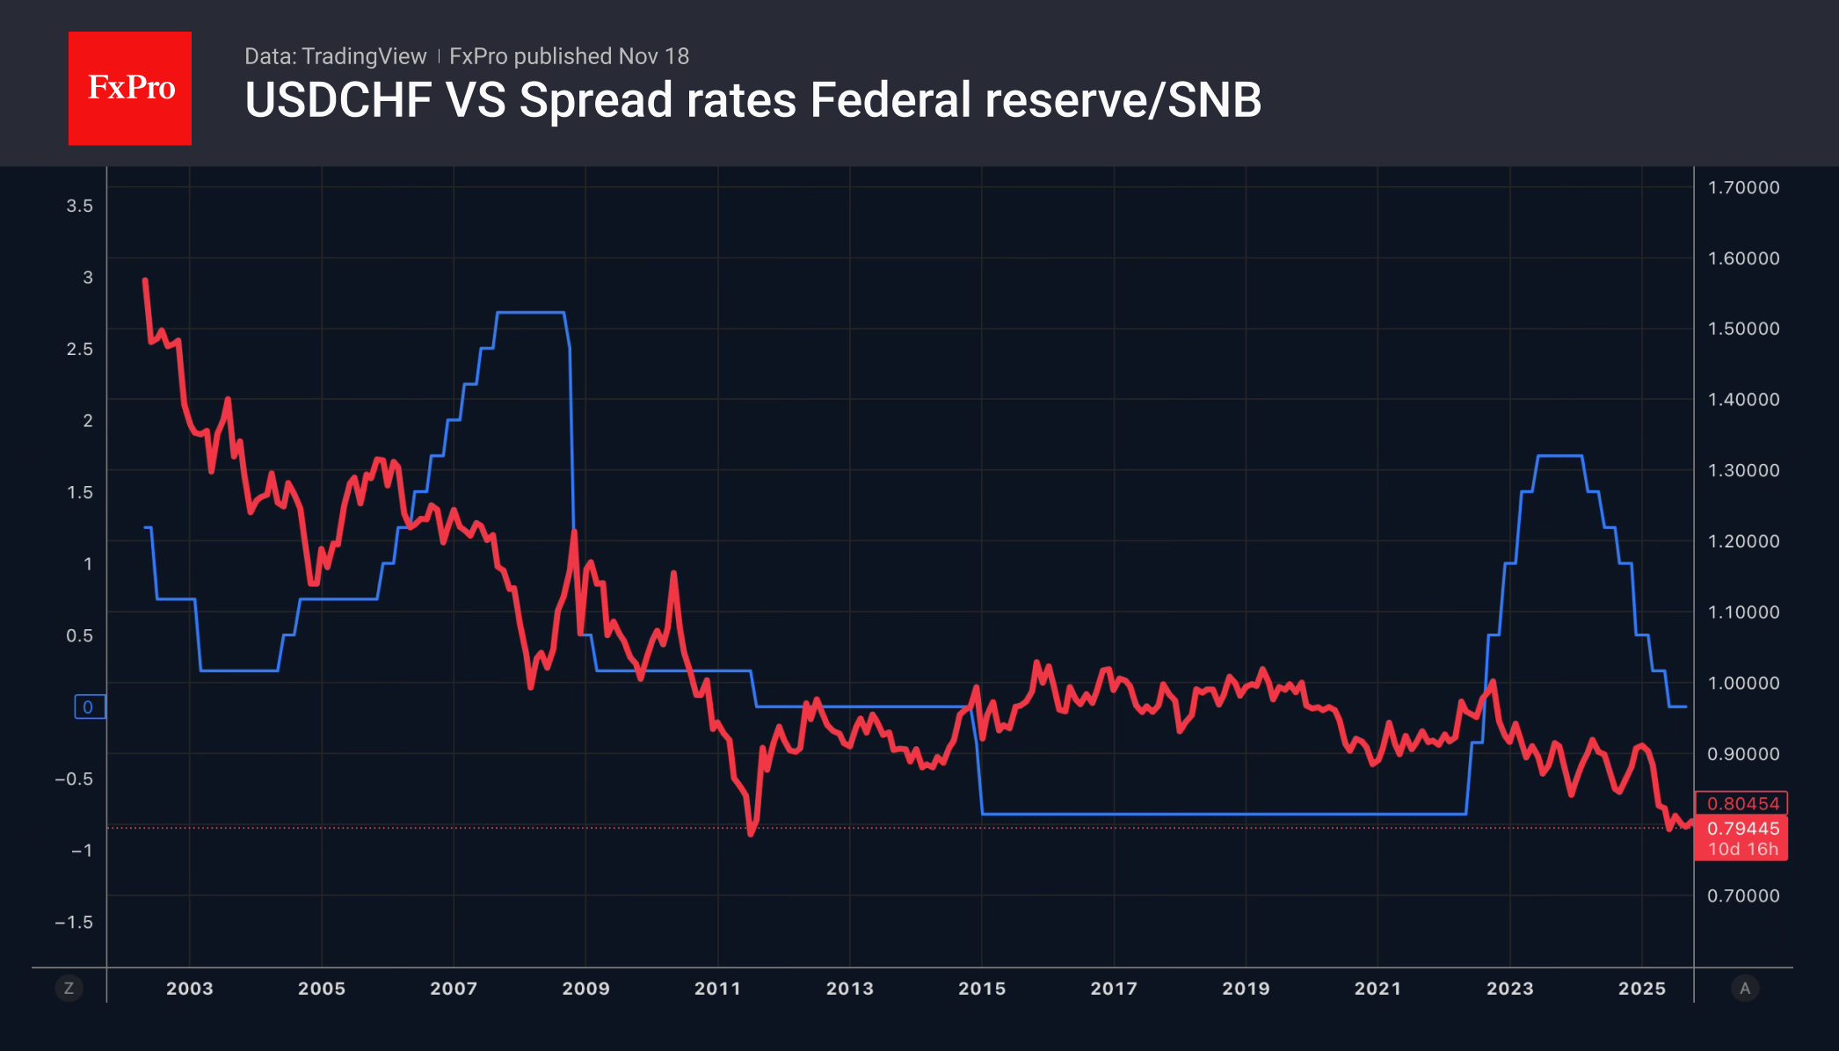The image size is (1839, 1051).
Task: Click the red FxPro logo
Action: (x=130, y=88)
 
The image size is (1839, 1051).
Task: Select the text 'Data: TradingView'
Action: (x=335, y=56)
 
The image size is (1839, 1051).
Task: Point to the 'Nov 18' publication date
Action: (x=653, y=56)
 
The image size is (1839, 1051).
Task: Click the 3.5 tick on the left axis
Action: (x=79, y=206)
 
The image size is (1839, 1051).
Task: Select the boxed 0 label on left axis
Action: (x=89, y=707)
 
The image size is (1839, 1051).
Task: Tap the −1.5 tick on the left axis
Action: (x=74, y=922)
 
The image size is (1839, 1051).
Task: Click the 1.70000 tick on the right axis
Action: (x=1743, y=187)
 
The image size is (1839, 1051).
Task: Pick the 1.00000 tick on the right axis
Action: (x=1743, y=683)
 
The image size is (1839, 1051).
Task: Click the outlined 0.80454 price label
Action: (x=1742, y=803)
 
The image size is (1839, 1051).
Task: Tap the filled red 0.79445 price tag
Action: (x=1742, y=828)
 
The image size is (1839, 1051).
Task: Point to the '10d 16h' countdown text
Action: (x=1742, y=849)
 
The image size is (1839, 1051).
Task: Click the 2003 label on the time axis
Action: (x=190, y=988)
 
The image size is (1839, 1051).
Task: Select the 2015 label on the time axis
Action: (x=982, y=988)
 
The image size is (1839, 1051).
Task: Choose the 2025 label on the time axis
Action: (x=1641, y=988)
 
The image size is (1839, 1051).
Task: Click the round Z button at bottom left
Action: (x=69, y=988)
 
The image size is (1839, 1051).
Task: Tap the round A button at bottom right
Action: (x=1745, y=988)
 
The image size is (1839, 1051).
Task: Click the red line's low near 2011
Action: (x=751, y=832)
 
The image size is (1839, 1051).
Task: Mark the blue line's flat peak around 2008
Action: (x=530, y=313)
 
